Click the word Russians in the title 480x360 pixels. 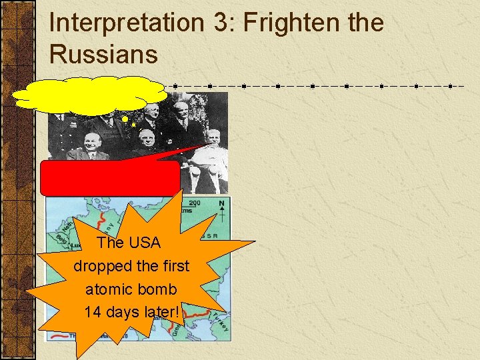pos(103,54)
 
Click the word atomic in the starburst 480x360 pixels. pos(108,289)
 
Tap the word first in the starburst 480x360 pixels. pos(175,266)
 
